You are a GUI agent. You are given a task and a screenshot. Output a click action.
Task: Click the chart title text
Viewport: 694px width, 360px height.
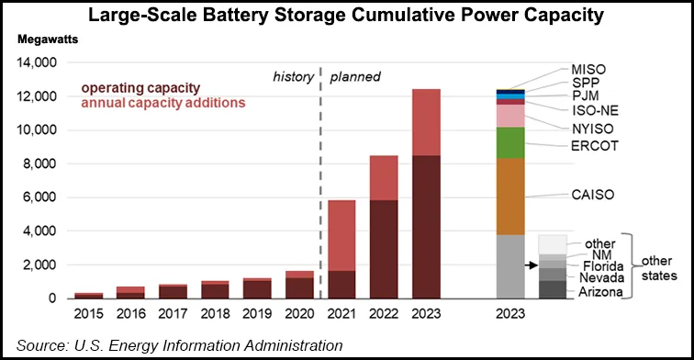(346, 16)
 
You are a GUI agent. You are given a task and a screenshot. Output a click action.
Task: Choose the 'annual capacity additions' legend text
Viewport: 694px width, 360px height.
(157, 103)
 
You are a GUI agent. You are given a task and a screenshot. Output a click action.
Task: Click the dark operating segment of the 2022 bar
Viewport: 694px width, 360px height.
(384, 249)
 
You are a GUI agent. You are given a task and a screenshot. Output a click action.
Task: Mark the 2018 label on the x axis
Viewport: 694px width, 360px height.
(215, 314)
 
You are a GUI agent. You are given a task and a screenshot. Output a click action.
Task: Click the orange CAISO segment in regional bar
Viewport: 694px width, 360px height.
(509, 197)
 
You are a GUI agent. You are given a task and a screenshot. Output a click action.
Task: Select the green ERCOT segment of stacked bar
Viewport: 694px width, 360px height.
(509, 142)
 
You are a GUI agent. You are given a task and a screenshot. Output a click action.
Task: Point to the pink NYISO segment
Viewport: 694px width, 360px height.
(509, 116)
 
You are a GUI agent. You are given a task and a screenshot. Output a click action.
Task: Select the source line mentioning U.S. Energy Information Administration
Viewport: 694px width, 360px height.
(174, 345)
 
